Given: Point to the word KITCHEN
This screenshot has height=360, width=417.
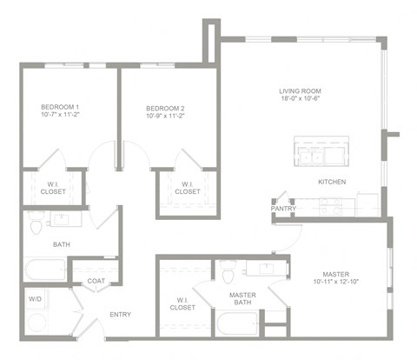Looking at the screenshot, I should [332, 182].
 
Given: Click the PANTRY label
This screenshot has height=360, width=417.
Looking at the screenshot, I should [283, 209].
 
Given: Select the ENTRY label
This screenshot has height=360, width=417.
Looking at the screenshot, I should [120, 314].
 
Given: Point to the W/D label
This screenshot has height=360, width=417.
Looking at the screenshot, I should [35, 300].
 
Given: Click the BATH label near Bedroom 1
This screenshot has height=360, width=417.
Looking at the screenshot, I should [37, 244].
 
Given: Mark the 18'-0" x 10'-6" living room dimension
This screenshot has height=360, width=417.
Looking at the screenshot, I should [300, 100].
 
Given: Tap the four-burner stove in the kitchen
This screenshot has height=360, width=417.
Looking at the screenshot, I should [330, 206].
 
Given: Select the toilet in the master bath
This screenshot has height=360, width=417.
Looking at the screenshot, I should [228, 276].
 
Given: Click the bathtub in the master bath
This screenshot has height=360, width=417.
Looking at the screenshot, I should [235, 325].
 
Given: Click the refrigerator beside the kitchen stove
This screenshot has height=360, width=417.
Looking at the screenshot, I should [367, 203].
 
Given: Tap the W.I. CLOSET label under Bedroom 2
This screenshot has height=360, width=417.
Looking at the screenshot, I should [187, 187].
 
